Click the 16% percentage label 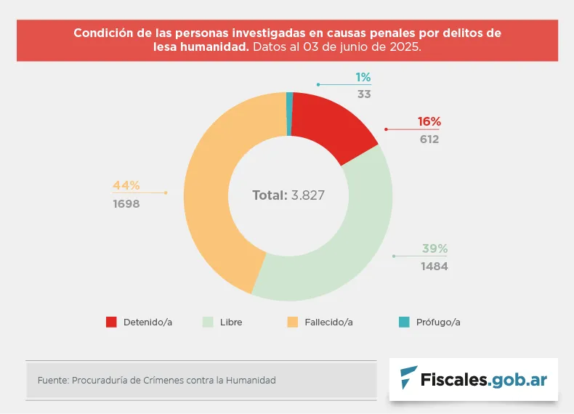click(429, 122)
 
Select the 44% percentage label click(126, 185)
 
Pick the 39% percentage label click(434, 249)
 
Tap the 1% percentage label click(363, 78)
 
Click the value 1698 click(126, 204)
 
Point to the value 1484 click(434, 267)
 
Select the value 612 click(429, 139)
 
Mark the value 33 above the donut click(364, 94)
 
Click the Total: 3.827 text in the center click(288, 195)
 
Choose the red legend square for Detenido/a click(111, 322)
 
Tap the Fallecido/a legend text click(329, 322)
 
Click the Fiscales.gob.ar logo click(474, 379)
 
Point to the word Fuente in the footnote click(52, 380)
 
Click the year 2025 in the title click(404, 46)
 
